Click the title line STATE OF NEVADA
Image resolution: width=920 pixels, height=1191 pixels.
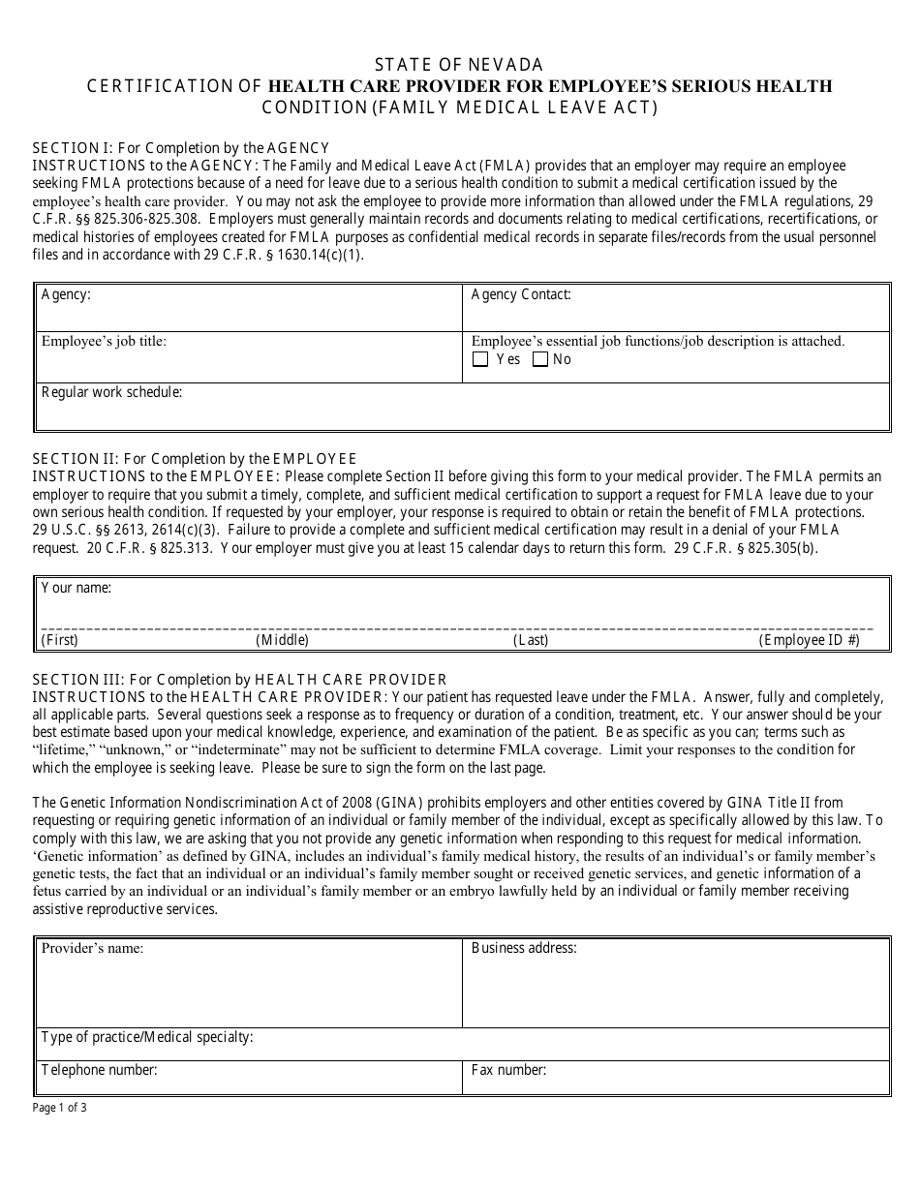coord(459,65)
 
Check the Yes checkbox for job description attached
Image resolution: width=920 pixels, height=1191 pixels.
coord(480,360)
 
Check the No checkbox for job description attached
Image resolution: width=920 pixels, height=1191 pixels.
coord(540,360)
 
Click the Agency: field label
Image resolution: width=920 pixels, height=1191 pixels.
coord(66,294)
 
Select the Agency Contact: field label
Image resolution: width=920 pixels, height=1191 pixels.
coord(521,294)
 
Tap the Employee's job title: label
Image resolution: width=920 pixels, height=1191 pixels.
coord(104,341)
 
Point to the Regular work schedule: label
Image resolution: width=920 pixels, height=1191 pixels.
coord(111,392)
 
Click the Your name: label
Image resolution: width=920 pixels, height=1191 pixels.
coord(77,588)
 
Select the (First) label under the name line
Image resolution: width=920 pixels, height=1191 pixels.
coord(60,640)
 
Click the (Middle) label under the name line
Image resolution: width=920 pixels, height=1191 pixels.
coord(282,640)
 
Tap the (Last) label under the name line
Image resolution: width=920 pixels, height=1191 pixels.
coord(531,640)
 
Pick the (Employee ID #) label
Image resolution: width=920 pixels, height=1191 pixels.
coord(809,640)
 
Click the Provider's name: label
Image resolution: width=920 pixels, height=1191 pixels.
coord(92,948)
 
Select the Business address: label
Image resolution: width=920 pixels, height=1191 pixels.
coord(524,948)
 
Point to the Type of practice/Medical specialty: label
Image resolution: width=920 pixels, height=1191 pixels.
coord(147,1037)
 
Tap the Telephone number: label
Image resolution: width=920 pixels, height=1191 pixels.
coord(99,1070)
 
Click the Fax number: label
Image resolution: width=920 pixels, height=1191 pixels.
coord(508,1070)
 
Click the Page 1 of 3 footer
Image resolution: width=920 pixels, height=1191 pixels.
coord(60,1109)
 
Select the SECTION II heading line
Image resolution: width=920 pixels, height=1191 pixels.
coord(195,458)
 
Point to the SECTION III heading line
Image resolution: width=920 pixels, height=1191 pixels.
coord(240,680)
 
